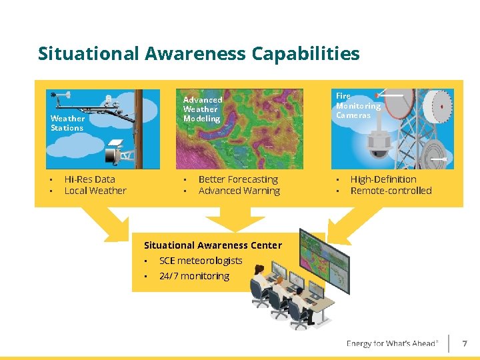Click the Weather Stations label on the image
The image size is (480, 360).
tap(67, 123)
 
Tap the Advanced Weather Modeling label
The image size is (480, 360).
tap(202, 109)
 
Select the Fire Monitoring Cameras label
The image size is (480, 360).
tap(358, 105)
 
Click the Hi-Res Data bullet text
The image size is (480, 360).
tap(89, 179)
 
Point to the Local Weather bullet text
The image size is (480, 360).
tap(95, 191)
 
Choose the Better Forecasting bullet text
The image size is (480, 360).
tap(238, 179)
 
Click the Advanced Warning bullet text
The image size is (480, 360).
tap(239, 191)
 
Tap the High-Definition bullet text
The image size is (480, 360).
tap(383, 179)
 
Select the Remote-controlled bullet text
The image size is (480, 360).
tap(391, 191)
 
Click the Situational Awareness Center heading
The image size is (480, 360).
tap(213, 245)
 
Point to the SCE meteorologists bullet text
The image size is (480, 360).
tap(201, 261)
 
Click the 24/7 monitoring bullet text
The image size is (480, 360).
tap(194, 276)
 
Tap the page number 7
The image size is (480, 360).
tap(465, 344)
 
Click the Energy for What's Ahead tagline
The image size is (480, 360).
tap(392, 344)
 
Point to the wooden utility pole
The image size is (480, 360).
tap(138, 127)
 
